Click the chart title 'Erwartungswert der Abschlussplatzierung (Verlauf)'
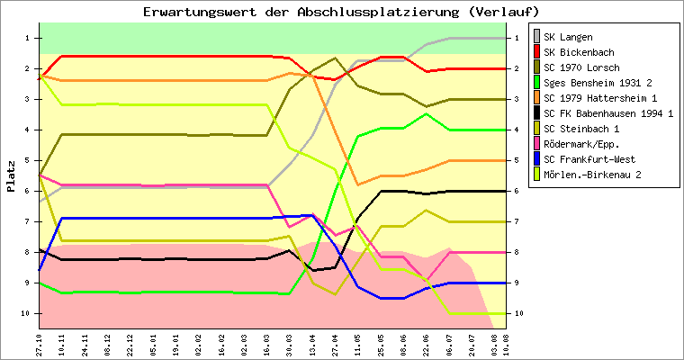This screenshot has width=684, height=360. coord(341,12)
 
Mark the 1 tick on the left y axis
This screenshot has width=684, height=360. coord(28,38)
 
